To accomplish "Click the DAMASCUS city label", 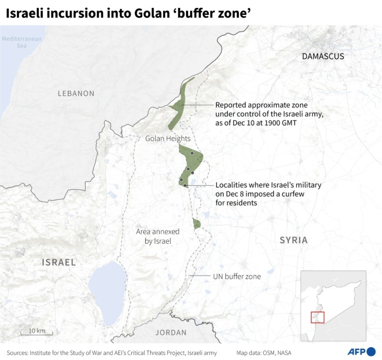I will [323, 56].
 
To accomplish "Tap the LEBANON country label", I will [76, 94].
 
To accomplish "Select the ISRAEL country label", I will [59, 262].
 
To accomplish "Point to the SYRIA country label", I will [293, 240].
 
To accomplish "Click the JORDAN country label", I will [171, 333].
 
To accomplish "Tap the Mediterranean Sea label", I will [22, 42].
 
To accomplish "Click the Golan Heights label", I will [168, 139].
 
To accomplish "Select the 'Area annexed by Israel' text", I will [158, 236].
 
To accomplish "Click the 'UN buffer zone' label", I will [237, 276].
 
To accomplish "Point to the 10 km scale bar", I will [37, 332].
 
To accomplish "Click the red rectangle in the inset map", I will [317, 317].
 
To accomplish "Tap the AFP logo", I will [361, 352].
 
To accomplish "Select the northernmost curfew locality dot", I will [192, 153].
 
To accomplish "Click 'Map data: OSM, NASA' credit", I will [264, 353].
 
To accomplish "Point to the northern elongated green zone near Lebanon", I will [180, 103].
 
